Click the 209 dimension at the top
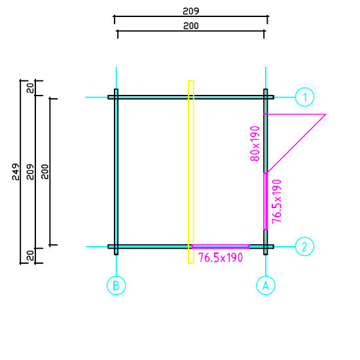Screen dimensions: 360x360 click(x=190, y=11)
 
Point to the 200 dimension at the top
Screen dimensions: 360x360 click(x=190, y=26)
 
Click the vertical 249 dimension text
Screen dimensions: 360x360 click(x=16, y=171)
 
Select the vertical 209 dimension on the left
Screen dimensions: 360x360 click(x=30, y=171)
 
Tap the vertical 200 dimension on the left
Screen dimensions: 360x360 click(x=45, y=171)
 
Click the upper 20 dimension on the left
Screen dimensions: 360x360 click(x=30, y=88)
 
